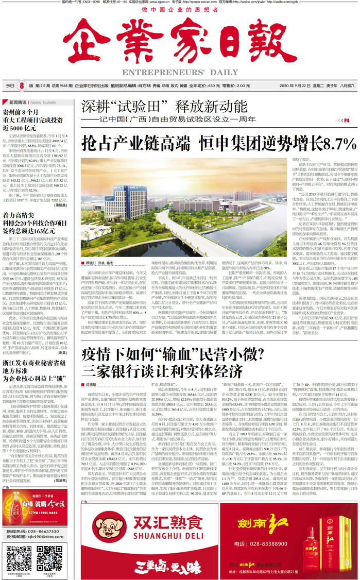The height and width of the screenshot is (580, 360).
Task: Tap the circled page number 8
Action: click(22, 86)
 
